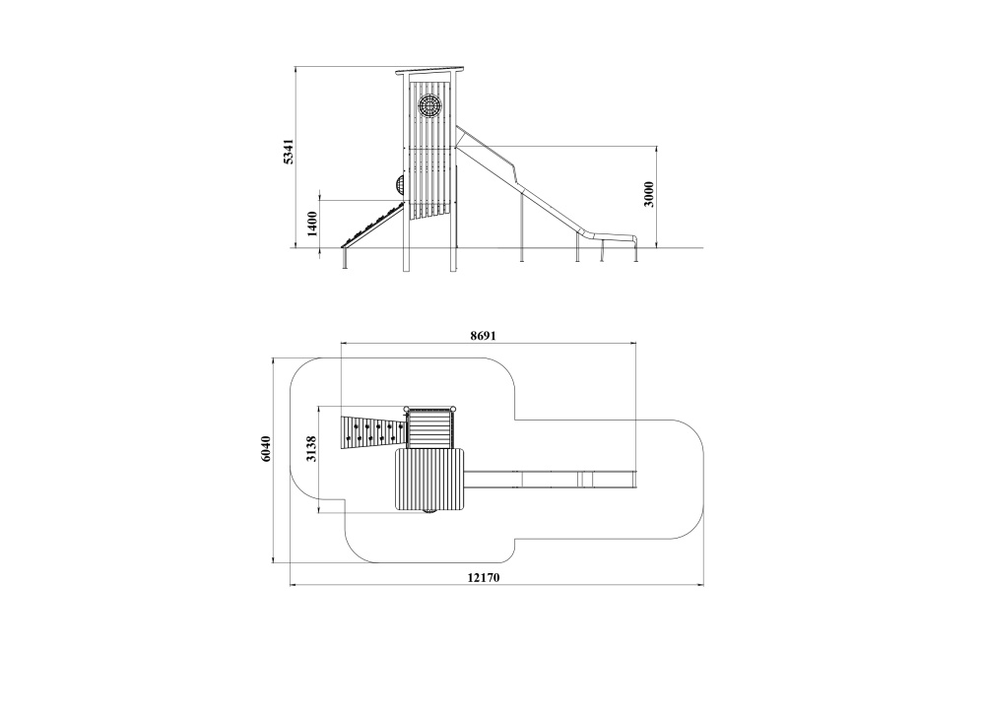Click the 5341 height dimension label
288,152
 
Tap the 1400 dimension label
312,224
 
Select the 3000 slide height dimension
649,194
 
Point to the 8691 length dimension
483,336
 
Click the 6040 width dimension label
266,448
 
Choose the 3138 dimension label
311,448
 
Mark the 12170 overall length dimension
483,577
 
